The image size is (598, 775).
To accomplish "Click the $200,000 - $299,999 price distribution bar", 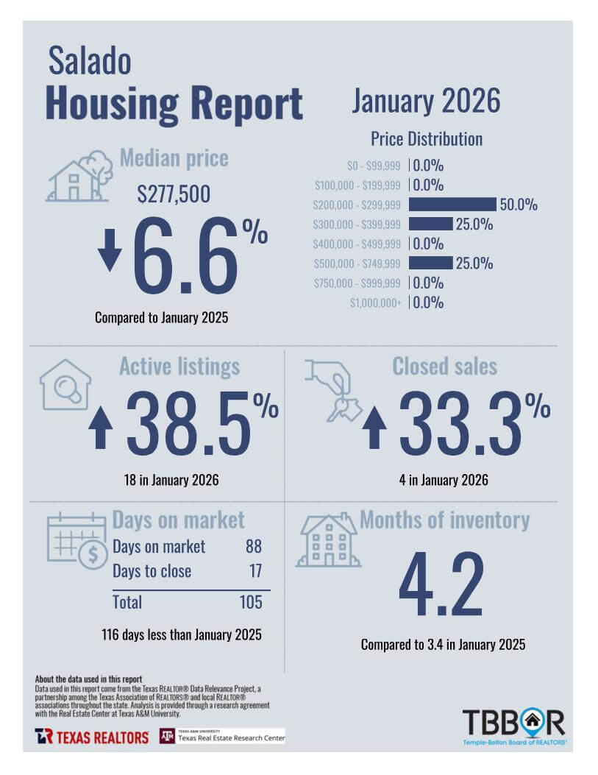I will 452,205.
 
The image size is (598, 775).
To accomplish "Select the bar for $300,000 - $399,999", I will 430,224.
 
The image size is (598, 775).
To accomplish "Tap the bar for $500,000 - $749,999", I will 430,263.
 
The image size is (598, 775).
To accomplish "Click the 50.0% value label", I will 519,205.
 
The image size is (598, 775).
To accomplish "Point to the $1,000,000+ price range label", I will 375,302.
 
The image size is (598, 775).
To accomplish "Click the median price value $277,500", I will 174,194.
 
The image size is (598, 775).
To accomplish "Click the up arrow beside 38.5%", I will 101,428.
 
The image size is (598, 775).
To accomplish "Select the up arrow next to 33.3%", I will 374,428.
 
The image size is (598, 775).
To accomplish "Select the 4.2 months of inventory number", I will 441,584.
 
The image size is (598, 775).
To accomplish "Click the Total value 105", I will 250,602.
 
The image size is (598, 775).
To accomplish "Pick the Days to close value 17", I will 254,571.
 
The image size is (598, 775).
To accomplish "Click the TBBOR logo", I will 513,725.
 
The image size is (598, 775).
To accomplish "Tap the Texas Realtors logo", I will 91,736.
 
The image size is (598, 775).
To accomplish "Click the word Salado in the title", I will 90,61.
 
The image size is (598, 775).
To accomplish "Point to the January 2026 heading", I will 425,101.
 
